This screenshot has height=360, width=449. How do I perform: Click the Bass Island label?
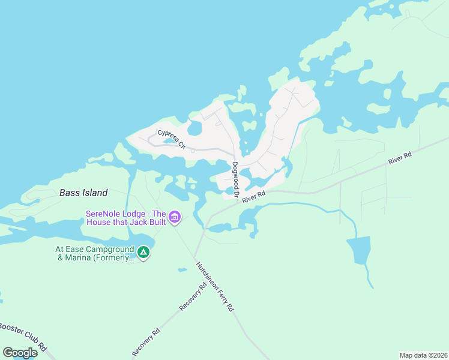[83, 193]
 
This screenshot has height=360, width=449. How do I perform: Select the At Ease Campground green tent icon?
[143, 253]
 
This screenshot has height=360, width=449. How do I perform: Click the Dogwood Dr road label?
[236, 180]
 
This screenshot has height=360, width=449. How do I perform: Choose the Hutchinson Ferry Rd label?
[214, 286]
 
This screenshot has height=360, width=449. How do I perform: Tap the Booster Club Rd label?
[23, 337]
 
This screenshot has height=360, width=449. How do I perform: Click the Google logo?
[20, 353]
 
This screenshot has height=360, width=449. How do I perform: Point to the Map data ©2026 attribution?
[423, 355]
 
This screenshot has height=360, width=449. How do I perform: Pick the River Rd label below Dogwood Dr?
[254, 197]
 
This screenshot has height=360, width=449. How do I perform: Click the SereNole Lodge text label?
[125, 217]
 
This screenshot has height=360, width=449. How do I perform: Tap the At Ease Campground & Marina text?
[93, 253]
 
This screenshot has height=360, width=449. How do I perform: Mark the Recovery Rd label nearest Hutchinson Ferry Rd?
[193, 296]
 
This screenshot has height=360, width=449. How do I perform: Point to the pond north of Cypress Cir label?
[194, 128]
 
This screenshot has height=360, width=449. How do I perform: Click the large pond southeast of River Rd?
[358, 250]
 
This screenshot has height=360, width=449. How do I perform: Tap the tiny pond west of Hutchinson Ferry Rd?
[182, 270]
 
